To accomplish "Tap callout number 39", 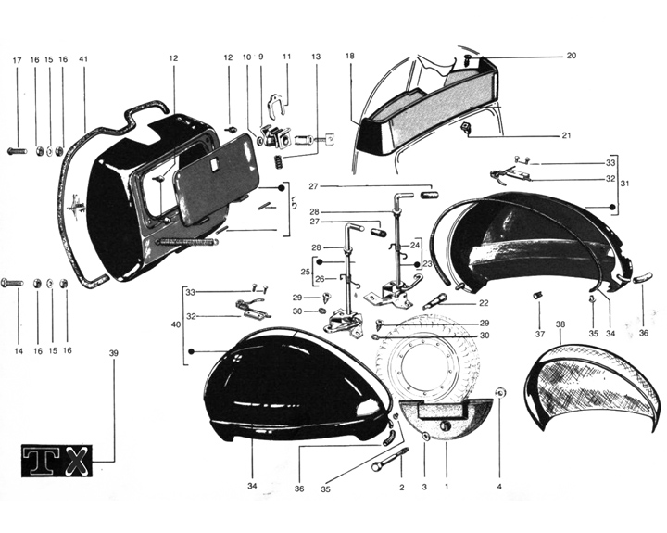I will [x=115, y=354].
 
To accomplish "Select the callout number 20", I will [x=572, y=56].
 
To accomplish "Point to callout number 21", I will [x=566, y=135].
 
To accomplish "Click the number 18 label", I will [x=350, y=57].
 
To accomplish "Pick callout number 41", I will [x=83, y=60].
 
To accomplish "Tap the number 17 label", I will [x=17, y=60].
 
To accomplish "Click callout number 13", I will [x=316, y=57].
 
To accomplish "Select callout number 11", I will [x=287, y=57].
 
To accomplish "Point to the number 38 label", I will [x=560, y=325].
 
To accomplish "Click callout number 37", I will [x=539, y=334].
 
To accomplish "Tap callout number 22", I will [x=485, y=303].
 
